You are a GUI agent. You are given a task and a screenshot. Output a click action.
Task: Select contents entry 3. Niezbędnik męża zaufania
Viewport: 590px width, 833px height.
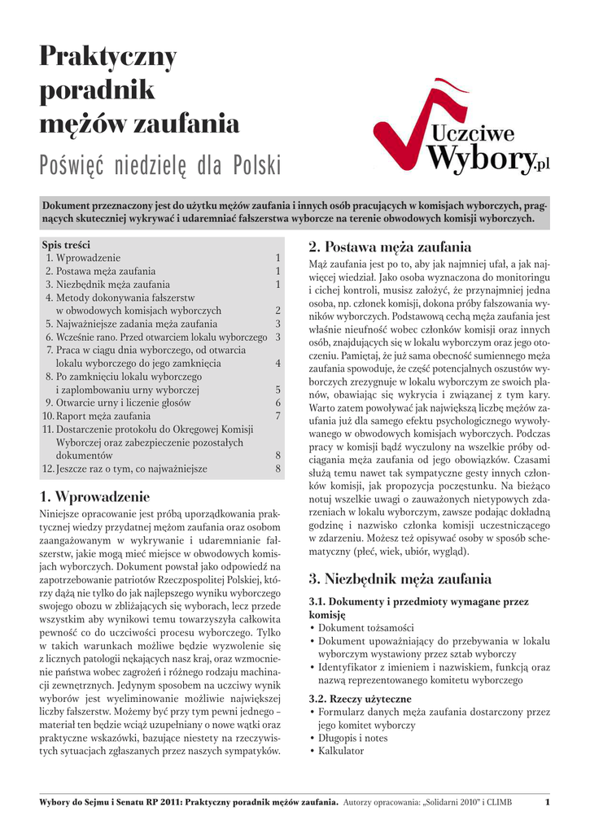pyautogui.click(x=107, y=284)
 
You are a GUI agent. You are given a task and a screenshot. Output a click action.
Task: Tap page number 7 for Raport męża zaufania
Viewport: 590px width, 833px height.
pyautogui.click(x=278, y=416)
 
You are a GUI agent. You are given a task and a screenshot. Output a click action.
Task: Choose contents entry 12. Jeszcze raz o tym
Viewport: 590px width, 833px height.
pyautogui.click(x=125, y=469)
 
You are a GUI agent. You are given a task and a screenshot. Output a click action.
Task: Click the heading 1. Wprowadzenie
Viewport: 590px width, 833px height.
pyautogui.click(x=94, y=496)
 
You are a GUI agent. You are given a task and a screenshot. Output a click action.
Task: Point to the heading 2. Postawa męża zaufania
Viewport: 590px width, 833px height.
pyautogui.click(x=390, y=246)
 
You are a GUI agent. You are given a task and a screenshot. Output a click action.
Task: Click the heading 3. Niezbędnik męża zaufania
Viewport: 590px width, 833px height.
pyautogui.click(x=400, y=579)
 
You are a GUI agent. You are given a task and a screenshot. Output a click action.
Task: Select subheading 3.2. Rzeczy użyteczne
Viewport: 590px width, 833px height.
pyautogui.click(x=360, y=699)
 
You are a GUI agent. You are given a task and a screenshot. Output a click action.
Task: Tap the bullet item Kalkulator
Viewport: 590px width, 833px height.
pyautogui.click(x=340, y=751)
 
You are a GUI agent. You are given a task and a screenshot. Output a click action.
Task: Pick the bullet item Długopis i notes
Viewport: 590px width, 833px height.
pyautogui.click(x=352, y=738)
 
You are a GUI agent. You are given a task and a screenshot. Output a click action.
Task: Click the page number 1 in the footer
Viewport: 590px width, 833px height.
pyautogui.click(x=548, y=804)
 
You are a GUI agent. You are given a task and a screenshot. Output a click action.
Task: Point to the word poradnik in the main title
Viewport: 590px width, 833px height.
pyautogui.click(x=97, y=90)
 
